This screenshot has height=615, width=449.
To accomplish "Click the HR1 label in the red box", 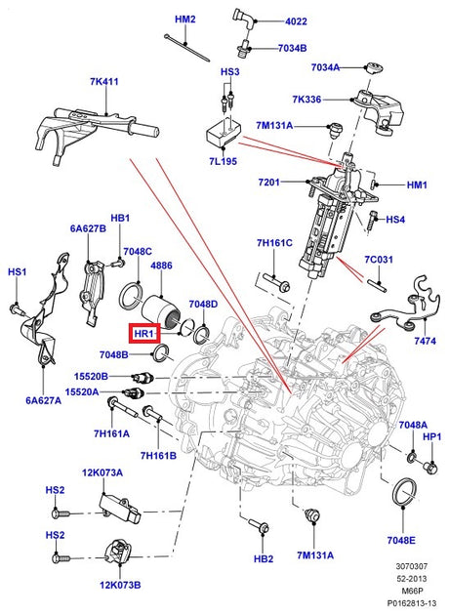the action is tap(143, 334).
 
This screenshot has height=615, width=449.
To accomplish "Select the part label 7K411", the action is tap(103, 82).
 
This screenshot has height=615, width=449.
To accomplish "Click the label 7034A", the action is tap(325, 67).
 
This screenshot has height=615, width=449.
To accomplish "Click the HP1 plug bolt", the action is tap(429, 467).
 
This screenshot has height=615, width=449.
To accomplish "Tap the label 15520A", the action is tap(82, 391).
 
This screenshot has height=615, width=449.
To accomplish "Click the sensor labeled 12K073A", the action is tap(120, 508).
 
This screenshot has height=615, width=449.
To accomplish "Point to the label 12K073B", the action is tap(120, 585).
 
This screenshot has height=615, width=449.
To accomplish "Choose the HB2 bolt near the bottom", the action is tap(260, 524).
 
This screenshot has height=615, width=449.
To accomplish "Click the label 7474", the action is tap(425, 341).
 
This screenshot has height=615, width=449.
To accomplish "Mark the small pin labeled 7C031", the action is tap(377, 285).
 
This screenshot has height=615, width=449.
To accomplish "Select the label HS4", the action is tap(395, 220).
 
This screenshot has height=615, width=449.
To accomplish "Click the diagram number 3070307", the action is tap(411, 566).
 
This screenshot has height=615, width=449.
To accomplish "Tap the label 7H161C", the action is tap(274, 243).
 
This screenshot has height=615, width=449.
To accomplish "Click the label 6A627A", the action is tap(44, 400).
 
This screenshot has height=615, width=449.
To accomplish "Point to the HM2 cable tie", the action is tap(187, 48).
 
